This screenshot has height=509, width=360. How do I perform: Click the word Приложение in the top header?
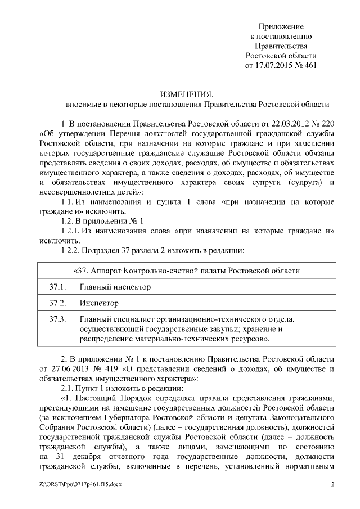coord(281,26)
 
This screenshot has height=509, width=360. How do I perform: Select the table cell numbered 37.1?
coord(58,287)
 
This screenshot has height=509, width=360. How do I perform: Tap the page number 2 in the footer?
coord(332,484)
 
